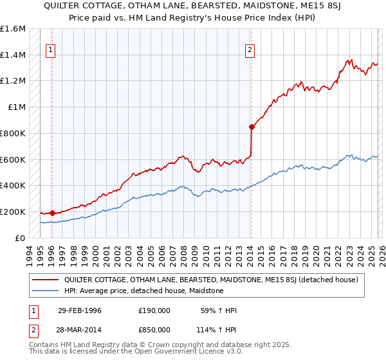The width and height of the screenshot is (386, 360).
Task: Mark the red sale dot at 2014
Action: (x=252, y=127)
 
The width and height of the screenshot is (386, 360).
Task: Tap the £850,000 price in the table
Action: (x=154, y=328)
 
